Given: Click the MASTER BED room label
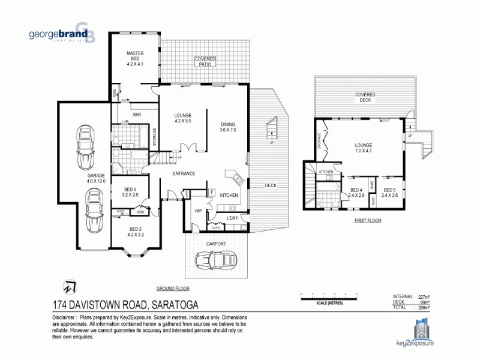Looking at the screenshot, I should [134, 59].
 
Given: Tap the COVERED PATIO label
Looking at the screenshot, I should [206, 61].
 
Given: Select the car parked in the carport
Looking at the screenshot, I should [215, 260].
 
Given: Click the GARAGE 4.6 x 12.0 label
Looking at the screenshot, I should [97, 178].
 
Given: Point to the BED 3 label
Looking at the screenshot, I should [130, 192].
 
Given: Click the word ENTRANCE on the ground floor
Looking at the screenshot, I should [184, 174].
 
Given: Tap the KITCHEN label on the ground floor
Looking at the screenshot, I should [229, 196].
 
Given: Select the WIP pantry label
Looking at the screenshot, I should [197, 211].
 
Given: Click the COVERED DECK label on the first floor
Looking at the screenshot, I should [365, 97].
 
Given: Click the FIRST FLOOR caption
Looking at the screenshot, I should [367, 220].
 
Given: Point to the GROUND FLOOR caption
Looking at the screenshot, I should [170, 288].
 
